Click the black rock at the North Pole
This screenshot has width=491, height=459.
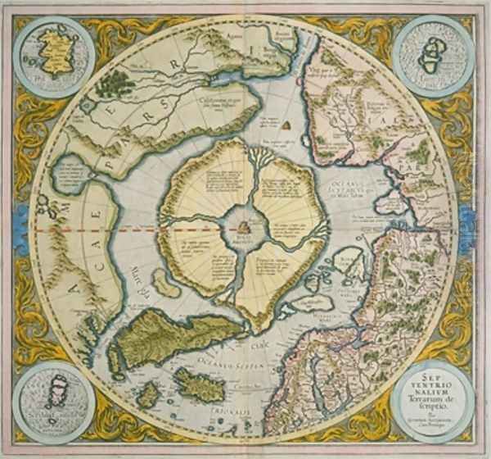245,227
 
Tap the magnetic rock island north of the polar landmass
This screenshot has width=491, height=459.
288,125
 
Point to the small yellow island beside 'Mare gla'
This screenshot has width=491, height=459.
167,283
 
